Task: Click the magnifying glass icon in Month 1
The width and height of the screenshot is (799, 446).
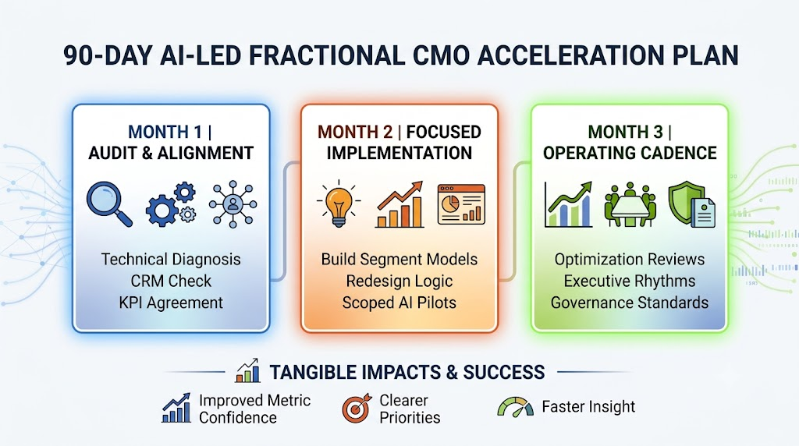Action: (109, 204)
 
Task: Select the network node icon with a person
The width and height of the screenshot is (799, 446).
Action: (233, 204)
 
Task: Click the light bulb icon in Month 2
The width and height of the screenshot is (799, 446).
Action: (339, 204)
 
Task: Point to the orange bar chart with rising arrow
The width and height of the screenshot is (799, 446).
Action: (400, 204)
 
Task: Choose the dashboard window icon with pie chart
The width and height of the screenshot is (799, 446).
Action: (461, 204)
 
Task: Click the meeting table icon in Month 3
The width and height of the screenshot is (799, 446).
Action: (630, 204)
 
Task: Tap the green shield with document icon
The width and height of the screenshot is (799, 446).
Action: (692, 204)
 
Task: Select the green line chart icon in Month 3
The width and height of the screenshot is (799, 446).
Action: (568, 204)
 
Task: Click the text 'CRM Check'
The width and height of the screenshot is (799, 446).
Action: (171, 281)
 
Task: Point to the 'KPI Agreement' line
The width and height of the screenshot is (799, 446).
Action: (171, 303)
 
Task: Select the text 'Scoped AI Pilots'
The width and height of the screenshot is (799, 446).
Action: (399, 303)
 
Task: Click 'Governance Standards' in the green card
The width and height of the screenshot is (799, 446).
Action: (630, 303)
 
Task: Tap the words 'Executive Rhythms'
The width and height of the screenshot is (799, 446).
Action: (630, 281)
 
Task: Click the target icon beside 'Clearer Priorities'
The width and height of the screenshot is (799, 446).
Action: (357, 409)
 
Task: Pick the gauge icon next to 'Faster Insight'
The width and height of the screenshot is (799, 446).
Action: (516, 407)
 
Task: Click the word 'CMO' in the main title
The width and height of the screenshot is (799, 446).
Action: (442, 55)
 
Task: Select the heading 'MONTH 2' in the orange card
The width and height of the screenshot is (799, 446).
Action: (355, 132)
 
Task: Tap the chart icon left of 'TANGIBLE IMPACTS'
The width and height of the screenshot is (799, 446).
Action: (247, 370)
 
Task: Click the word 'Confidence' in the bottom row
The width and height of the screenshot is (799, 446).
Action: (238, 418)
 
